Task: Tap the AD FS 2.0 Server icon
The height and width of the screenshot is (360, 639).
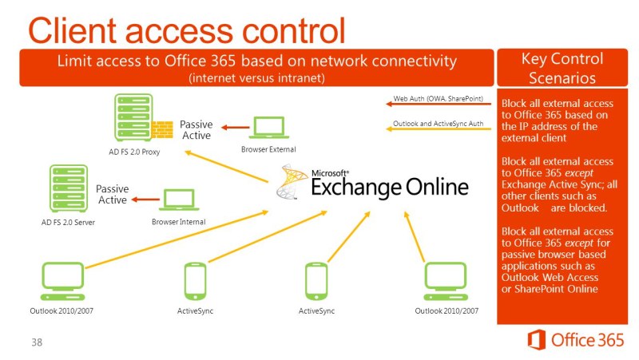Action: tap(68, 188)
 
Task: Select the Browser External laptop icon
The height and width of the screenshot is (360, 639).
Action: tap(268, 128)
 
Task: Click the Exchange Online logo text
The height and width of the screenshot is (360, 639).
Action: tap(388, 186)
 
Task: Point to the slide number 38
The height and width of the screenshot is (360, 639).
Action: tap(37, 342)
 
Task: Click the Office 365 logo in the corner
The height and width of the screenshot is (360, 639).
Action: tap(575, 339)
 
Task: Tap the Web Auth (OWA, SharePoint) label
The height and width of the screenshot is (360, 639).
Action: tap(439, 99)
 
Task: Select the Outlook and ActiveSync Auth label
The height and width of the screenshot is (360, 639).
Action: tap(439, 124)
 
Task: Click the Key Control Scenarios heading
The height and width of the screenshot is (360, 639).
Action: tap(562, 69)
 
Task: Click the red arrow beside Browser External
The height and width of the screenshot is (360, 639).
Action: tap(234, 127)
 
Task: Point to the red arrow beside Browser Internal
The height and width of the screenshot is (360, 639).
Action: tap(145, 199)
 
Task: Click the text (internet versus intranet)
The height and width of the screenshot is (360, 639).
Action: tap(256, 77)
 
